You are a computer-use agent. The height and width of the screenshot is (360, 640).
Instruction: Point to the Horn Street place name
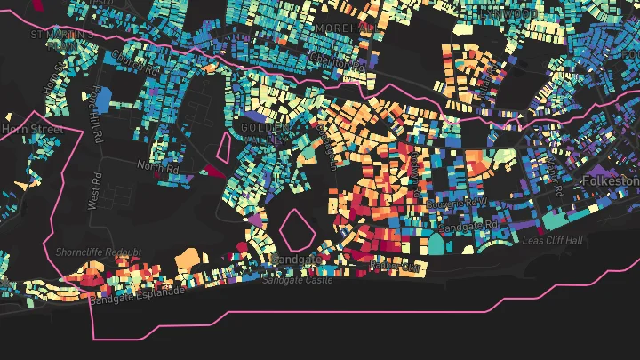(32, 130)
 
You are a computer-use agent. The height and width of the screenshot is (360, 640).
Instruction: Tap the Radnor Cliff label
(394, 265)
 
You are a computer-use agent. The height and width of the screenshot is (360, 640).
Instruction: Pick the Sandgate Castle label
(298, 280)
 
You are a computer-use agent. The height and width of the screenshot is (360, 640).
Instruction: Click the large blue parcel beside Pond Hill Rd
(102, 98)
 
